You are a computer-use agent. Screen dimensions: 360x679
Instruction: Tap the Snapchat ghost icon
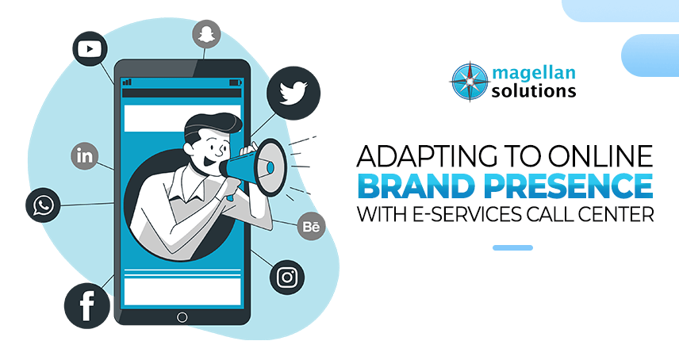coord(206,34)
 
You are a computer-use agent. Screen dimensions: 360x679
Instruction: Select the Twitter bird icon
coord(293,93)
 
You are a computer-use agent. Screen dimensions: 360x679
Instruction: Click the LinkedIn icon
coord(84,155)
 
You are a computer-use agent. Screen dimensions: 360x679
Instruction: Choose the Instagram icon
coord(287,278)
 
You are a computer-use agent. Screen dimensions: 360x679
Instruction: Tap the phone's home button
coord(182,317)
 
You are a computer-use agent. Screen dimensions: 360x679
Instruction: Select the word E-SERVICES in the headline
coord(473,215)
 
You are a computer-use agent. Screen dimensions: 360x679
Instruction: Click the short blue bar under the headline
coord(512,247)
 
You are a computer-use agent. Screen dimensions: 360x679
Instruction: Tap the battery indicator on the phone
coord(235,82)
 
